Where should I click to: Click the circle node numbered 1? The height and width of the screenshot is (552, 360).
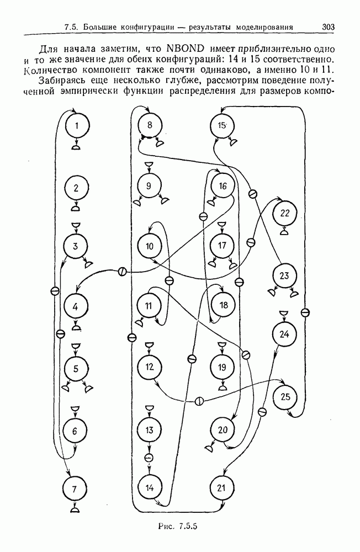click(77, 125)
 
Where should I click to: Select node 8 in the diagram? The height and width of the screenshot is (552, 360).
click(150, 125)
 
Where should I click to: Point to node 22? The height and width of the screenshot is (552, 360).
click(285, 213)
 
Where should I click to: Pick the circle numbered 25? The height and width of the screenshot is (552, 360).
click(285, 397)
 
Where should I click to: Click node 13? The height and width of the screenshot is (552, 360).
click(149, 430)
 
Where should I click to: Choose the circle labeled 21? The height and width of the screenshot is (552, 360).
click(221, 488)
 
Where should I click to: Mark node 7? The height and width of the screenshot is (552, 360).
click(75, 489)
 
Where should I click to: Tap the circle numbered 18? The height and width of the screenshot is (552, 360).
click(224, 305)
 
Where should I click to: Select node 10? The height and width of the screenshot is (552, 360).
click(150, 246)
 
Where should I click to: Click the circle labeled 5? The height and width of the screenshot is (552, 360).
click(76, 369)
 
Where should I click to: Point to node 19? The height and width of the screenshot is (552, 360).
click(222, 368)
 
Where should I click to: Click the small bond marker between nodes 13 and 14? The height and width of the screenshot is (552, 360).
click(149, 457)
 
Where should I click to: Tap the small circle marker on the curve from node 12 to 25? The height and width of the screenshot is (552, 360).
click(199, 401)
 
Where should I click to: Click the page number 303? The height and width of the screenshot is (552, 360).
click(328, 26)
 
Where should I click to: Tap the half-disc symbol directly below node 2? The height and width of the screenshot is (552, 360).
click(76, 209)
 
